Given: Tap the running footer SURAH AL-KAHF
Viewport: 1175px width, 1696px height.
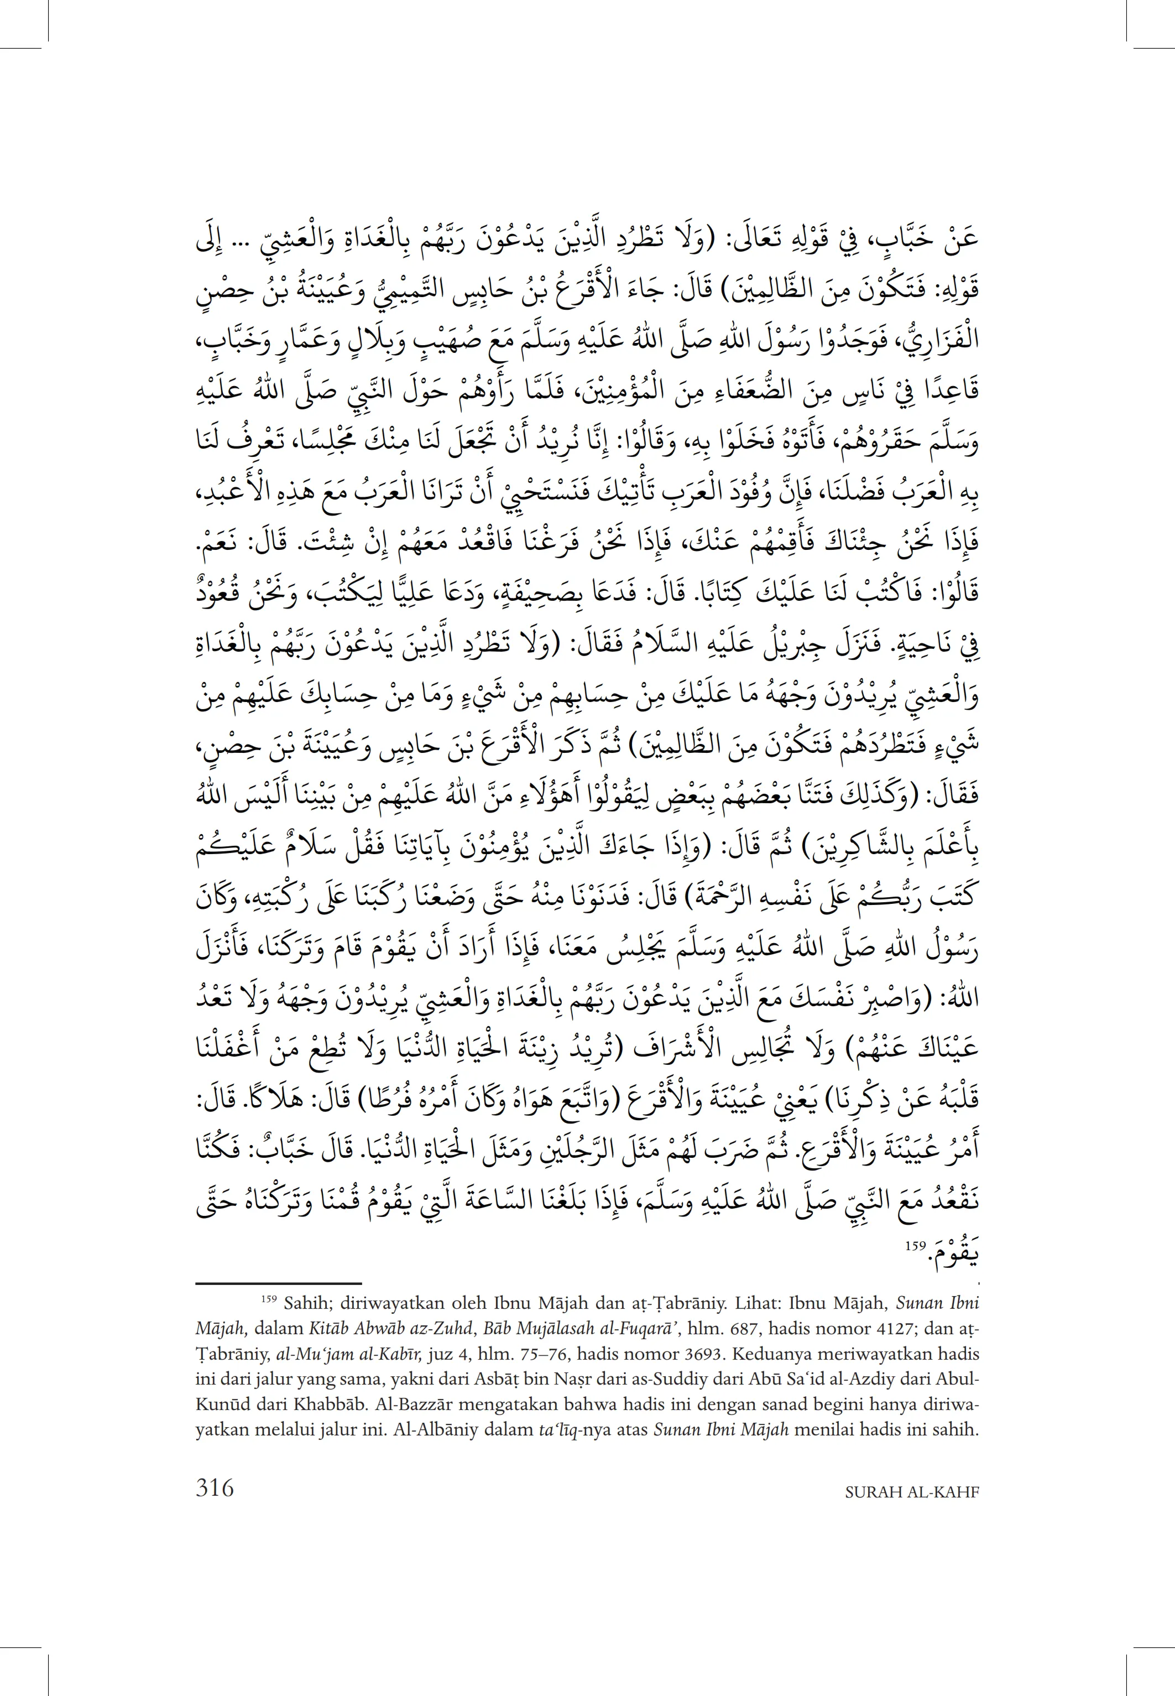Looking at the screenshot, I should [911, 1492].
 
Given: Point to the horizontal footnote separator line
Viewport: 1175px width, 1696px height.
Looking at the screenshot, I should [278, 1283].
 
